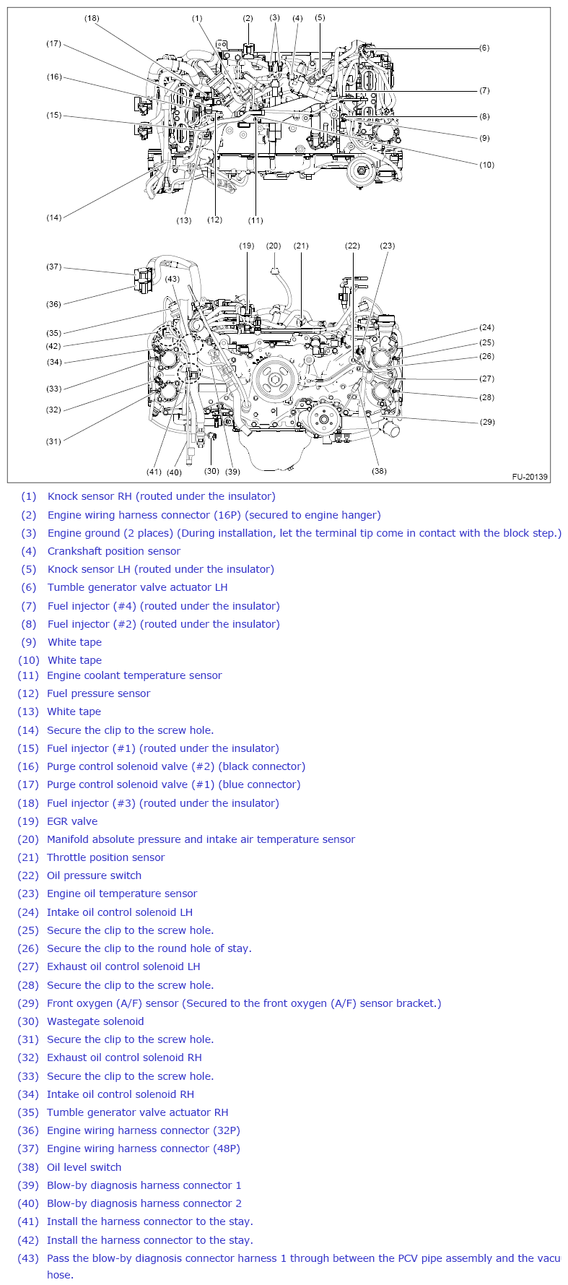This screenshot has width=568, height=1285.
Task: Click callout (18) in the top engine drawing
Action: pyautogui.click(x=92, y=18)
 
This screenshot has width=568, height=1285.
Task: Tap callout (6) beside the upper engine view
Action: pyautogui.click(x=484, y=48)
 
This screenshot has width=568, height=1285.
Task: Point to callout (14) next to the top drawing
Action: pyautogui.click(x=54, y=217)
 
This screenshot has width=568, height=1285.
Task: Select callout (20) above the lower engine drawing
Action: pyautogui.click(x=274, y=246)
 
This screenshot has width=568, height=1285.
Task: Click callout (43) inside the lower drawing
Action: pyautogui.click(x=172, y=279)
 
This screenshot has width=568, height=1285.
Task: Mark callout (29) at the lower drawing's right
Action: pyautogui.click(x=487, y=422)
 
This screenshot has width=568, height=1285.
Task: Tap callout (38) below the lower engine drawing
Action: pyautogui.click(x=379, y=471)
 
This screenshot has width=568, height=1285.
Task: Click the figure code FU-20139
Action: pyautogui.click(x=530, y=477)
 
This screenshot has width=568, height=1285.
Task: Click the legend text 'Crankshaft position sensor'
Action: pyautogui.click(x=114, y=551)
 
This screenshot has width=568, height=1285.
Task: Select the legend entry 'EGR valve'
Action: pyautogui.click(x=72, y=821)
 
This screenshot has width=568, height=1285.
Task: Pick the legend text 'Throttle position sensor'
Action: pyautogui.click(x=106, y=857)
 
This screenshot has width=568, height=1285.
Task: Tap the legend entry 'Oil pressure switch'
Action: pyautogui.click(x=95, y=875)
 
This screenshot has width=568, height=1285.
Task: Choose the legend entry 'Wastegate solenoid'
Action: pyautogui.click(x=95, y=1021)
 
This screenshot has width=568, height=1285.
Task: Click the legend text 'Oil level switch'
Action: pyautogui.click(x=84, y=1167)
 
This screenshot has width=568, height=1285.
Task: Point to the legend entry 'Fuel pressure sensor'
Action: pyautogui.click(x=99, y=693)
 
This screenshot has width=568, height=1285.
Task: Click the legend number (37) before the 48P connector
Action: pyautogui.click(x=28, y=1148)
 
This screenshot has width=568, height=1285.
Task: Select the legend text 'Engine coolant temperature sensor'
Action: pyautogui.click(x=134, y=675)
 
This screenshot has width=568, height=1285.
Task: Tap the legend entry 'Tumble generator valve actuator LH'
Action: pyautogui.click(x=138, y=587)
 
